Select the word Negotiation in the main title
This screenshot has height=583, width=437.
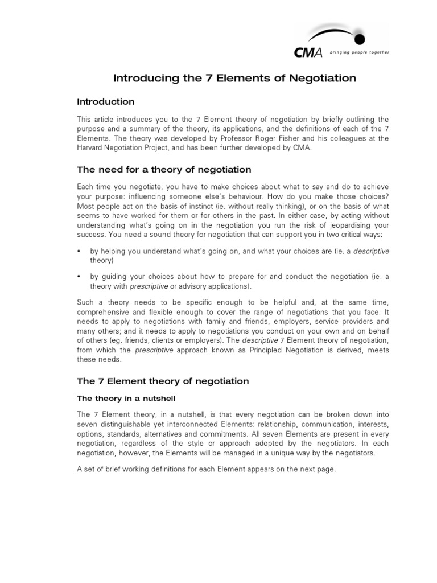[321, 78]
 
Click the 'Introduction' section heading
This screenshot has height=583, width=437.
[106, 102]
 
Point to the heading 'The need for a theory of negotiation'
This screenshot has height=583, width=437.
[164, 170]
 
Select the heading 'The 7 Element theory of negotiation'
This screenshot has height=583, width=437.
[163, 380]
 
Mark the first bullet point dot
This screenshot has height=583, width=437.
[79, 251]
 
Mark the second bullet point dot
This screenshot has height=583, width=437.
[79, 277]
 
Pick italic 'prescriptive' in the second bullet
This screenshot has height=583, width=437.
[150, 286]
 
